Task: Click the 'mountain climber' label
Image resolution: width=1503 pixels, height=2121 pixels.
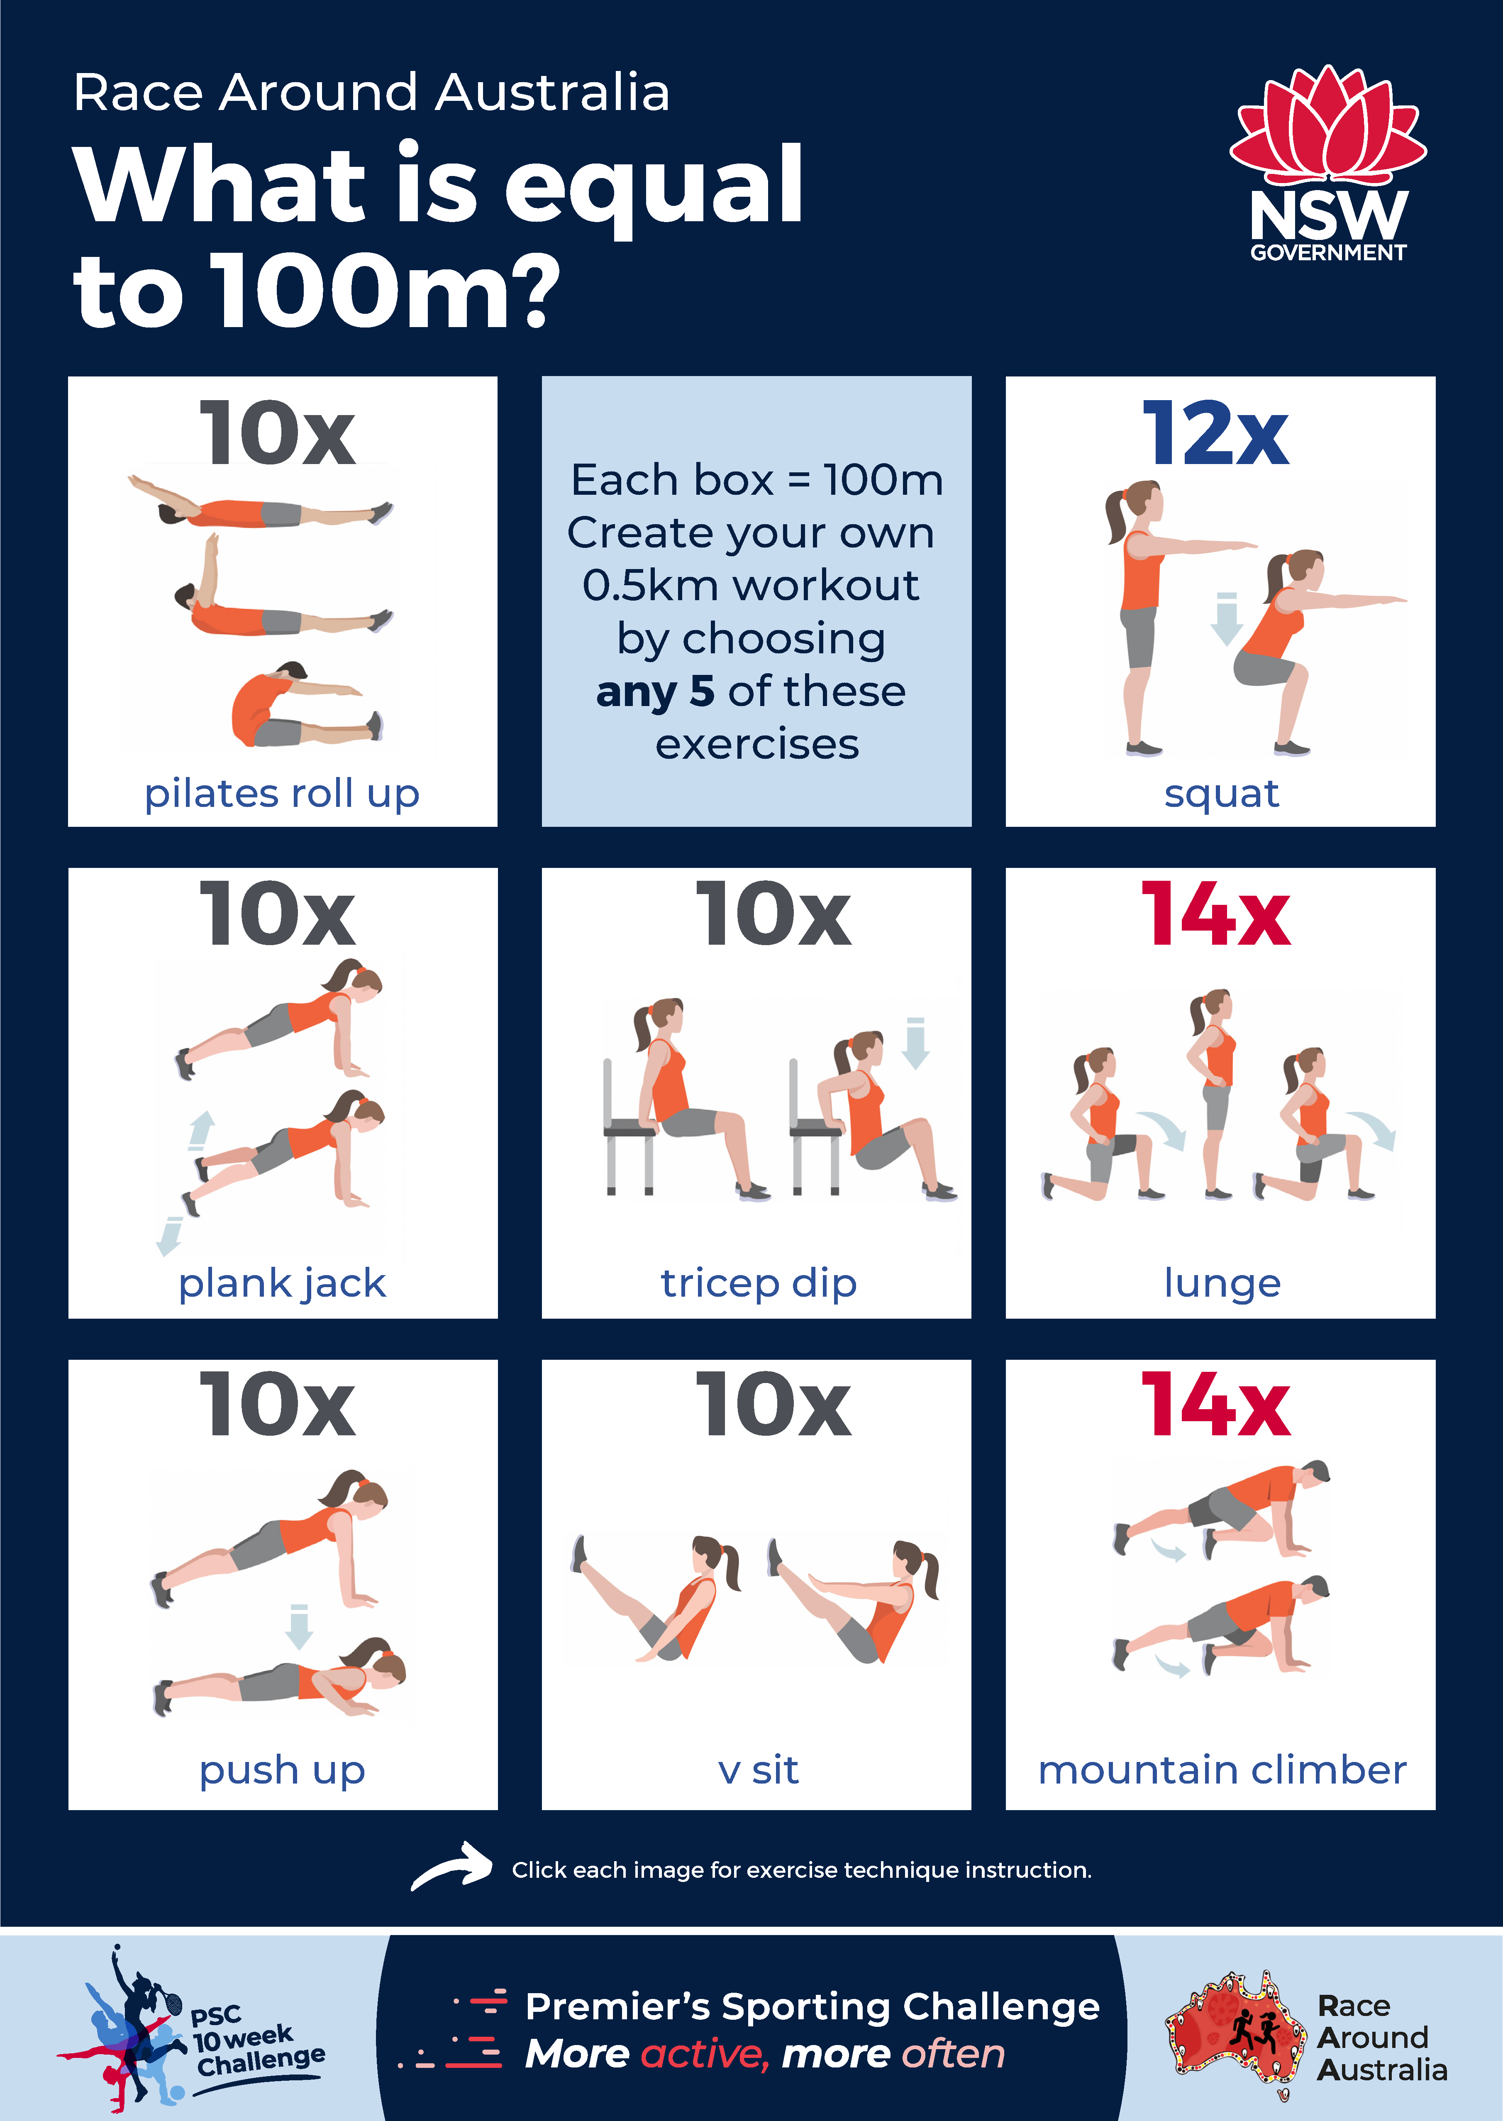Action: coord(1222,1770)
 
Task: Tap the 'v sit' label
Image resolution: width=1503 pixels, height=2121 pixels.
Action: coord(758,1770)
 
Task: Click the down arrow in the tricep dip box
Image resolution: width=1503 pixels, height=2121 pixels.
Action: coord(915,1043)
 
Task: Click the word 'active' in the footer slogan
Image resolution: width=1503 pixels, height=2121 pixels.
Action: coord(703,2054)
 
